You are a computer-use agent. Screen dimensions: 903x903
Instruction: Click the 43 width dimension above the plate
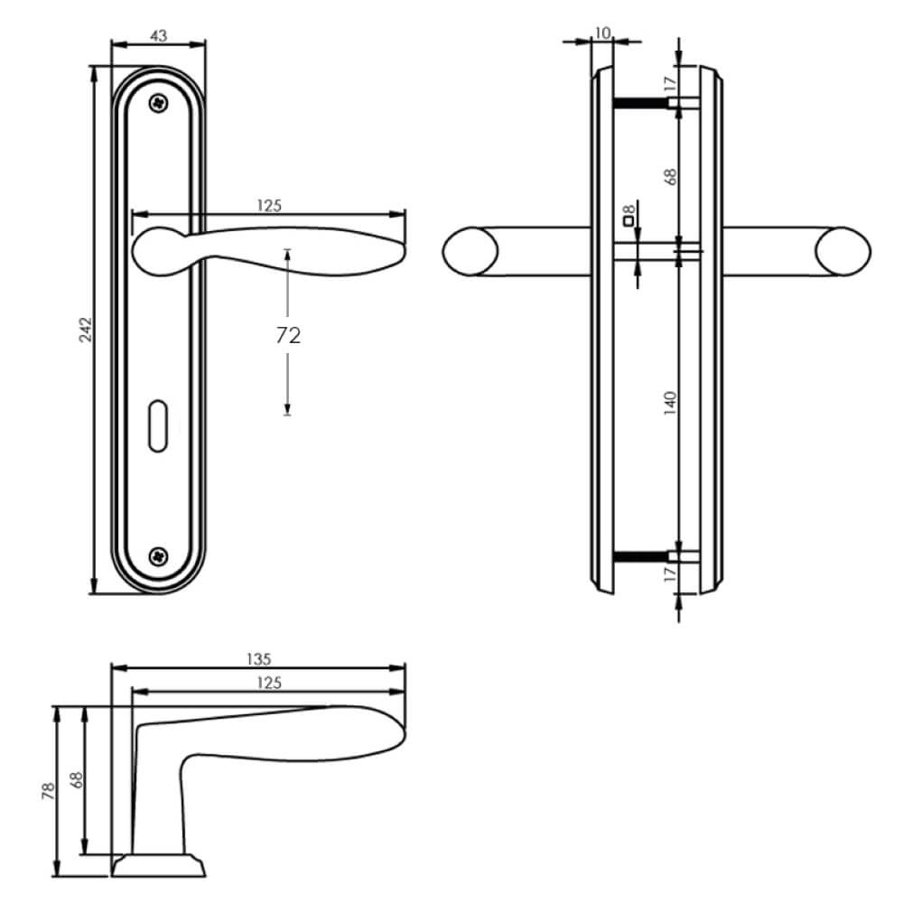158,35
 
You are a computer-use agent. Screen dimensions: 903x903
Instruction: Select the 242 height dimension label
83,330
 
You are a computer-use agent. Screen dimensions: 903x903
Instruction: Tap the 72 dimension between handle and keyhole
287,336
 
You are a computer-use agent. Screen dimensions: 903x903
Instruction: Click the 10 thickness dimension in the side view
602,33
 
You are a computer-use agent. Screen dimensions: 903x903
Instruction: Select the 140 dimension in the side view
669,402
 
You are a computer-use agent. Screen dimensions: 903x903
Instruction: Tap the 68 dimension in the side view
669,175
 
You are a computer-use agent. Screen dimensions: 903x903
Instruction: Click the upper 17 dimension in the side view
669,84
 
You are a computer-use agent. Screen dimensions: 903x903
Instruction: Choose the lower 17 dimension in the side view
669,575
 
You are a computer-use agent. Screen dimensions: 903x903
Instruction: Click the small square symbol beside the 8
627,219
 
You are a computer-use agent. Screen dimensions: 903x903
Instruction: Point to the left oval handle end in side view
472,251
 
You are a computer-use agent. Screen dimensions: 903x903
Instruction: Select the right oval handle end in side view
844,251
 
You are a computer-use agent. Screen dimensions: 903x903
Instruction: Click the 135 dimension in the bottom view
259,658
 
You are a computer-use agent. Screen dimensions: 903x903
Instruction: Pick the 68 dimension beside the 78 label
76,782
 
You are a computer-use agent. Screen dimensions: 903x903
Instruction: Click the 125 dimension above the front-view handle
269,205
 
